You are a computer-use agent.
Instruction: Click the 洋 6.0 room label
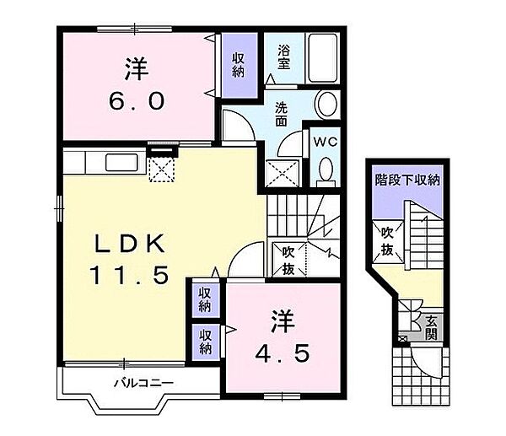click(x=137, y=83)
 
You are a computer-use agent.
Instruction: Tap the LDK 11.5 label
click(x=129, y=259)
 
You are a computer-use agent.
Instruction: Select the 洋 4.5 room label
click(x=283, y=336)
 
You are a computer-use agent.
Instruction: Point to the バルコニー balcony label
click(x=144, y=383)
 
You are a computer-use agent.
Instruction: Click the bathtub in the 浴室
click(x=322, y=58)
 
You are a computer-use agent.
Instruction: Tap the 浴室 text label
click(x=283, y=57)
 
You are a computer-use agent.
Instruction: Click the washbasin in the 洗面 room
click(x=326, y=105)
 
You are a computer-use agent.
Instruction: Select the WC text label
click(x=325, y=142)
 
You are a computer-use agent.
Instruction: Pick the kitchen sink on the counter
click(x=121, y=162)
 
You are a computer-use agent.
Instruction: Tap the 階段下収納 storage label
click(x=407, y=180)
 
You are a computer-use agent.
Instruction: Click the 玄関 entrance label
click(x=431, y=328)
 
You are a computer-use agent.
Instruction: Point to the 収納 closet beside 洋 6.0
click(x=239, y=65)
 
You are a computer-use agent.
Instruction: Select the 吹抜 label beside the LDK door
click(x=288, y=260)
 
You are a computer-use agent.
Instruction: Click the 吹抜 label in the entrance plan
click(x=386, y=240)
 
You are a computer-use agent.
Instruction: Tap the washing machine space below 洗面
click(x=282, y=173)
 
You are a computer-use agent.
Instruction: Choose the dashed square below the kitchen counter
click(x=161, y=170)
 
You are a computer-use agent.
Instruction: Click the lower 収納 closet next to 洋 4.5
click(x=205, y=342)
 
